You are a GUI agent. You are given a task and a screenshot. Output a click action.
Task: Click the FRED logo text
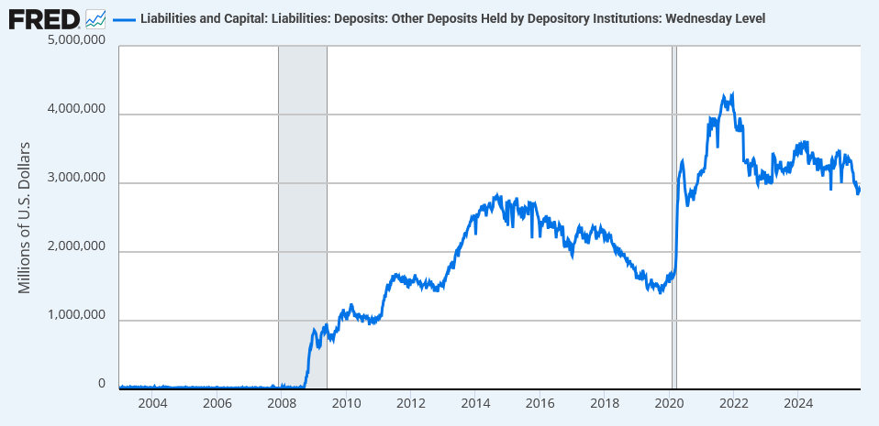pos(44,17)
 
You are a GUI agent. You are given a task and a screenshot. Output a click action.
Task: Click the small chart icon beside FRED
pos(95,17)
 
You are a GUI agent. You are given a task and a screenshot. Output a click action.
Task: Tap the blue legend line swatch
pos(123,18)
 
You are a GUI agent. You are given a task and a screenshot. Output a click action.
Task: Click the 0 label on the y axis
pos(103,385)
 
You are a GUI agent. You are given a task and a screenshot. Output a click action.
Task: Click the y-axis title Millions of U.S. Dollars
pos(25,217)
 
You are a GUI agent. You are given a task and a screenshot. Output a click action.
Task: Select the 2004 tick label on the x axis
pos(151,403)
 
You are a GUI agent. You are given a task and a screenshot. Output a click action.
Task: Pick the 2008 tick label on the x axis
pos(281,403)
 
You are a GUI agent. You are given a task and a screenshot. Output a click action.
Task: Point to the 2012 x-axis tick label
pos(410,403)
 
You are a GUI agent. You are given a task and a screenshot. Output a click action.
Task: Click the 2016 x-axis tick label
pos(540,403)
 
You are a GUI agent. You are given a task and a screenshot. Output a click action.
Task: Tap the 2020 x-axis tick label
pos(669,403)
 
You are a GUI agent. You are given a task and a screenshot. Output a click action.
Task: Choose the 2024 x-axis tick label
pos(798,403)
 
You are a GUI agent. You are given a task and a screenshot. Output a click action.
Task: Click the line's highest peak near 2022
pos(731,93)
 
